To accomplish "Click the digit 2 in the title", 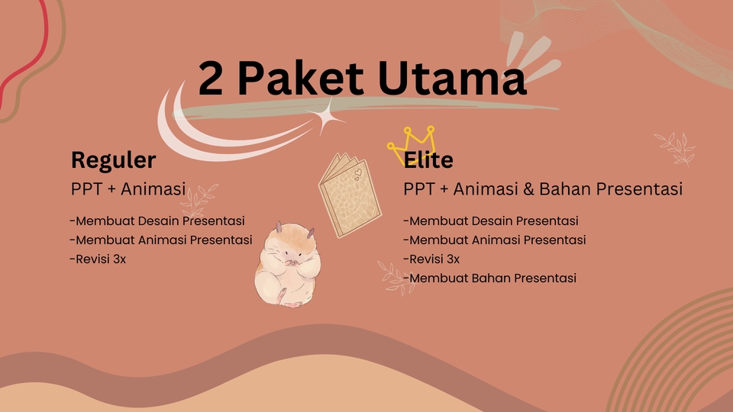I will pos(212,79).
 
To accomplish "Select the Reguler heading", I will pos(113,160).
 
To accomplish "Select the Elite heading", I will pos(429,160).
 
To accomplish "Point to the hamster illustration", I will pos(286,264).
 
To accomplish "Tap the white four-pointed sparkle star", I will pos(327,117).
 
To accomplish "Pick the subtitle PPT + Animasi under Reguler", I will pos(128,188).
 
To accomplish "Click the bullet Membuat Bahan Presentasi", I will pos(491,278).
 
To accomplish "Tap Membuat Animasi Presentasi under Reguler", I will pos(161,240).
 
